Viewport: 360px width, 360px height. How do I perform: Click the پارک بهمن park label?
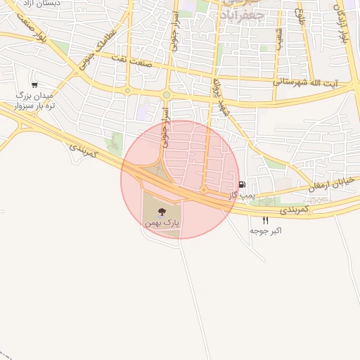(162, 222)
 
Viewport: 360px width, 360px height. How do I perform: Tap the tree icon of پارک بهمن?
(162, 210)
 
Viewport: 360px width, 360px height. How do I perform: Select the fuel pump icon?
(243, 186)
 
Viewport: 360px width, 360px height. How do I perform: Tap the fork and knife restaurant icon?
(265, 220)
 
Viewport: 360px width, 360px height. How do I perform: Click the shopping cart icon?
(34, 84)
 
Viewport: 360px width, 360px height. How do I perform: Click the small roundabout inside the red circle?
(203, 190)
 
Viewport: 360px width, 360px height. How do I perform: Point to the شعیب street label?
(278, 38)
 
